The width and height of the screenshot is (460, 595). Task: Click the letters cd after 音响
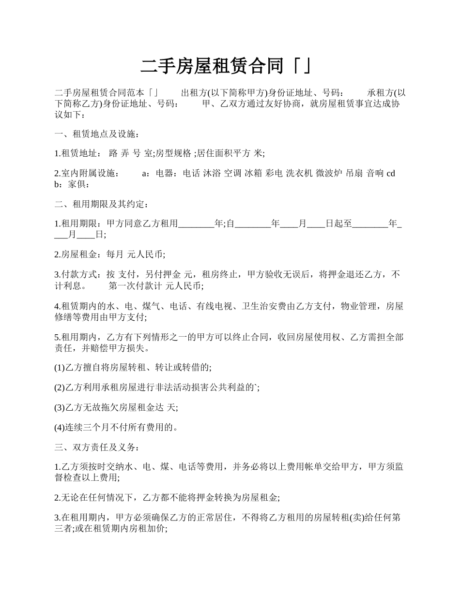(391, 173)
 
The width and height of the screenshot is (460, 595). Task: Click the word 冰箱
(253, 173)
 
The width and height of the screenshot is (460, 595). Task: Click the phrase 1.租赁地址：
(78, 153)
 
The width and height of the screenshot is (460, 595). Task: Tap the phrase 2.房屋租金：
(78, 254)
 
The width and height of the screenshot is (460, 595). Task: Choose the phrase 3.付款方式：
(78, 275)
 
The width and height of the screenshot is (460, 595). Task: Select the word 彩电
(275, 173)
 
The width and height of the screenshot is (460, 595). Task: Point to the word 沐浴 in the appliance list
(212, 173)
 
